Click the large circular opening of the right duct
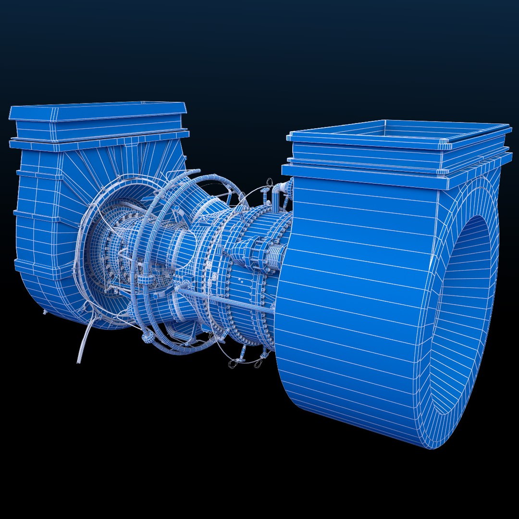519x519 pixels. point(464,312)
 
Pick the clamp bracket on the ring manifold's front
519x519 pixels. point(144,279)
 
